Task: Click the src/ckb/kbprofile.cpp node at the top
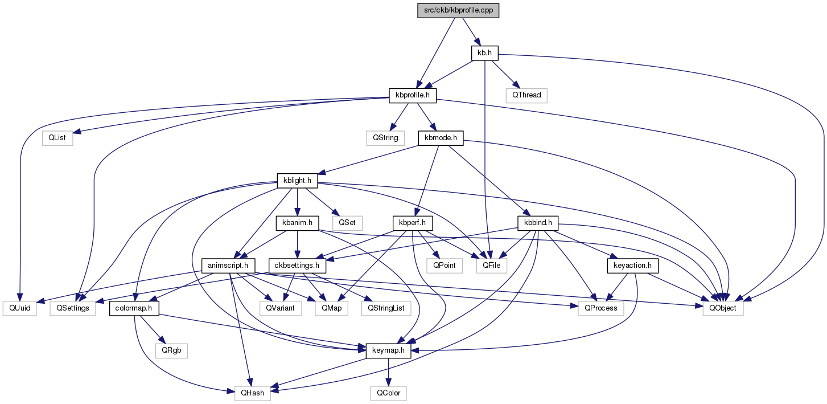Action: [x=458, y=10]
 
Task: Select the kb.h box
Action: [x=485, y=53]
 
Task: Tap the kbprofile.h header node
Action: [x=413, y=95]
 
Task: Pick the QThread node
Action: [x=526, y=95]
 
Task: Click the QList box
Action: [x=57, y=138]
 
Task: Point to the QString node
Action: [x=385, y=138]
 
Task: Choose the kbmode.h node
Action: [x=441, y=138]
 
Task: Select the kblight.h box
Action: [x=297, y=181]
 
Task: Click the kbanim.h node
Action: [x=297, y=223]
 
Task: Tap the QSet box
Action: [x=347, y=223]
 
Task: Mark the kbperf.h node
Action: [x=413, y=223]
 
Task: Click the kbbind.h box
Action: [x=538, y=223]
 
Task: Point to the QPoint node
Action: [x=445, y=266]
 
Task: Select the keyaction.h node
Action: [x=632, y=266]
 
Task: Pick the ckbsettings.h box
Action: [x=297, y=266]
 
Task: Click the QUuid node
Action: [x=19, y=308]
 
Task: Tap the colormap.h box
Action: [x=134, y=308]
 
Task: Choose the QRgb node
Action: [x=171, y=351]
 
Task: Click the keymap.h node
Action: [x=388, y=351]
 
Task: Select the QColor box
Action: [x=388, y=393]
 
